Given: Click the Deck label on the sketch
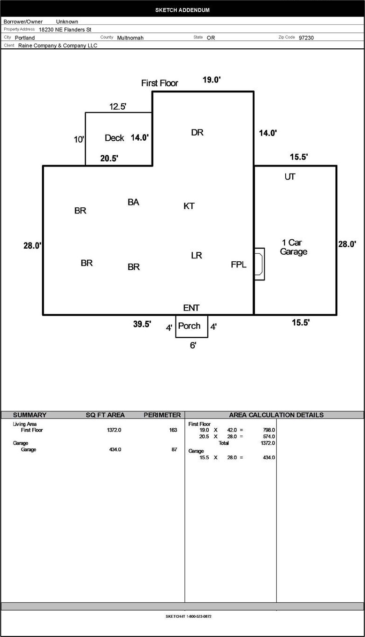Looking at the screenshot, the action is pyautogui.click(x=114, y=138).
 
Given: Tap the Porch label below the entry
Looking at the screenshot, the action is pyautogui.click(x=189, y=326).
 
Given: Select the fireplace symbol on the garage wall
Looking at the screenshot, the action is pyautogui.click(x=259, y=264).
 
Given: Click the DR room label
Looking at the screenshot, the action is pyautogui.click(x=197, y=132).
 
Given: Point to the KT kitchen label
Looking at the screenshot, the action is pyautogui.click(x=189, y=206).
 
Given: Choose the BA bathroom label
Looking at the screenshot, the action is pyautogui.click(x=133, y=202).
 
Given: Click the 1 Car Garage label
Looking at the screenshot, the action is pyautogui.click(x=293, y=247).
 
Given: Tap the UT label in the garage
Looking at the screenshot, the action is pyautogui.click(x=290, y=176).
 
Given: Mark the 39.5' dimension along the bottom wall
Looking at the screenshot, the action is pyautogui.click(x=142, y=324).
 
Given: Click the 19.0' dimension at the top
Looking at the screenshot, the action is pyautogui.click(x=212, y=80).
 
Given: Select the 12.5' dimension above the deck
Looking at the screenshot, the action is pyautogui.click(x=118, y=106).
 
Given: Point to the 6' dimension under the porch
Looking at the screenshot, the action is pyautogui.click(x=193, y=345).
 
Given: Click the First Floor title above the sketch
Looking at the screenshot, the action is pyautogui.click(x=160, y=83).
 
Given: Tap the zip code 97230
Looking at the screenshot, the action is pyautogui.click(x=306, y=38).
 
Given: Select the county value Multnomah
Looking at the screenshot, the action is pyautogui.click(x=130, y=38).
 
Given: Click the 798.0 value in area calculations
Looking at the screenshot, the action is pyautogui.click(x=269, y=430).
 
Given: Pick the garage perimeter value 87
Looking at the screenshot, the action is pyautogui.click(x=174, y=449).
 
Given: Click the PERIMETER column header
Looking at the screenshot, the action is pyautogui.click(x=162, y=415).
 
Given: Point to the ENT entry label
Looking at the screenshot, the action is pyautogui.click(x=191, y=308).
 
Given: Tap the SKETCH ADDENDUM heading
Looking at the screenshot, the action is pyautogui.click(x=182, y=10).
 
